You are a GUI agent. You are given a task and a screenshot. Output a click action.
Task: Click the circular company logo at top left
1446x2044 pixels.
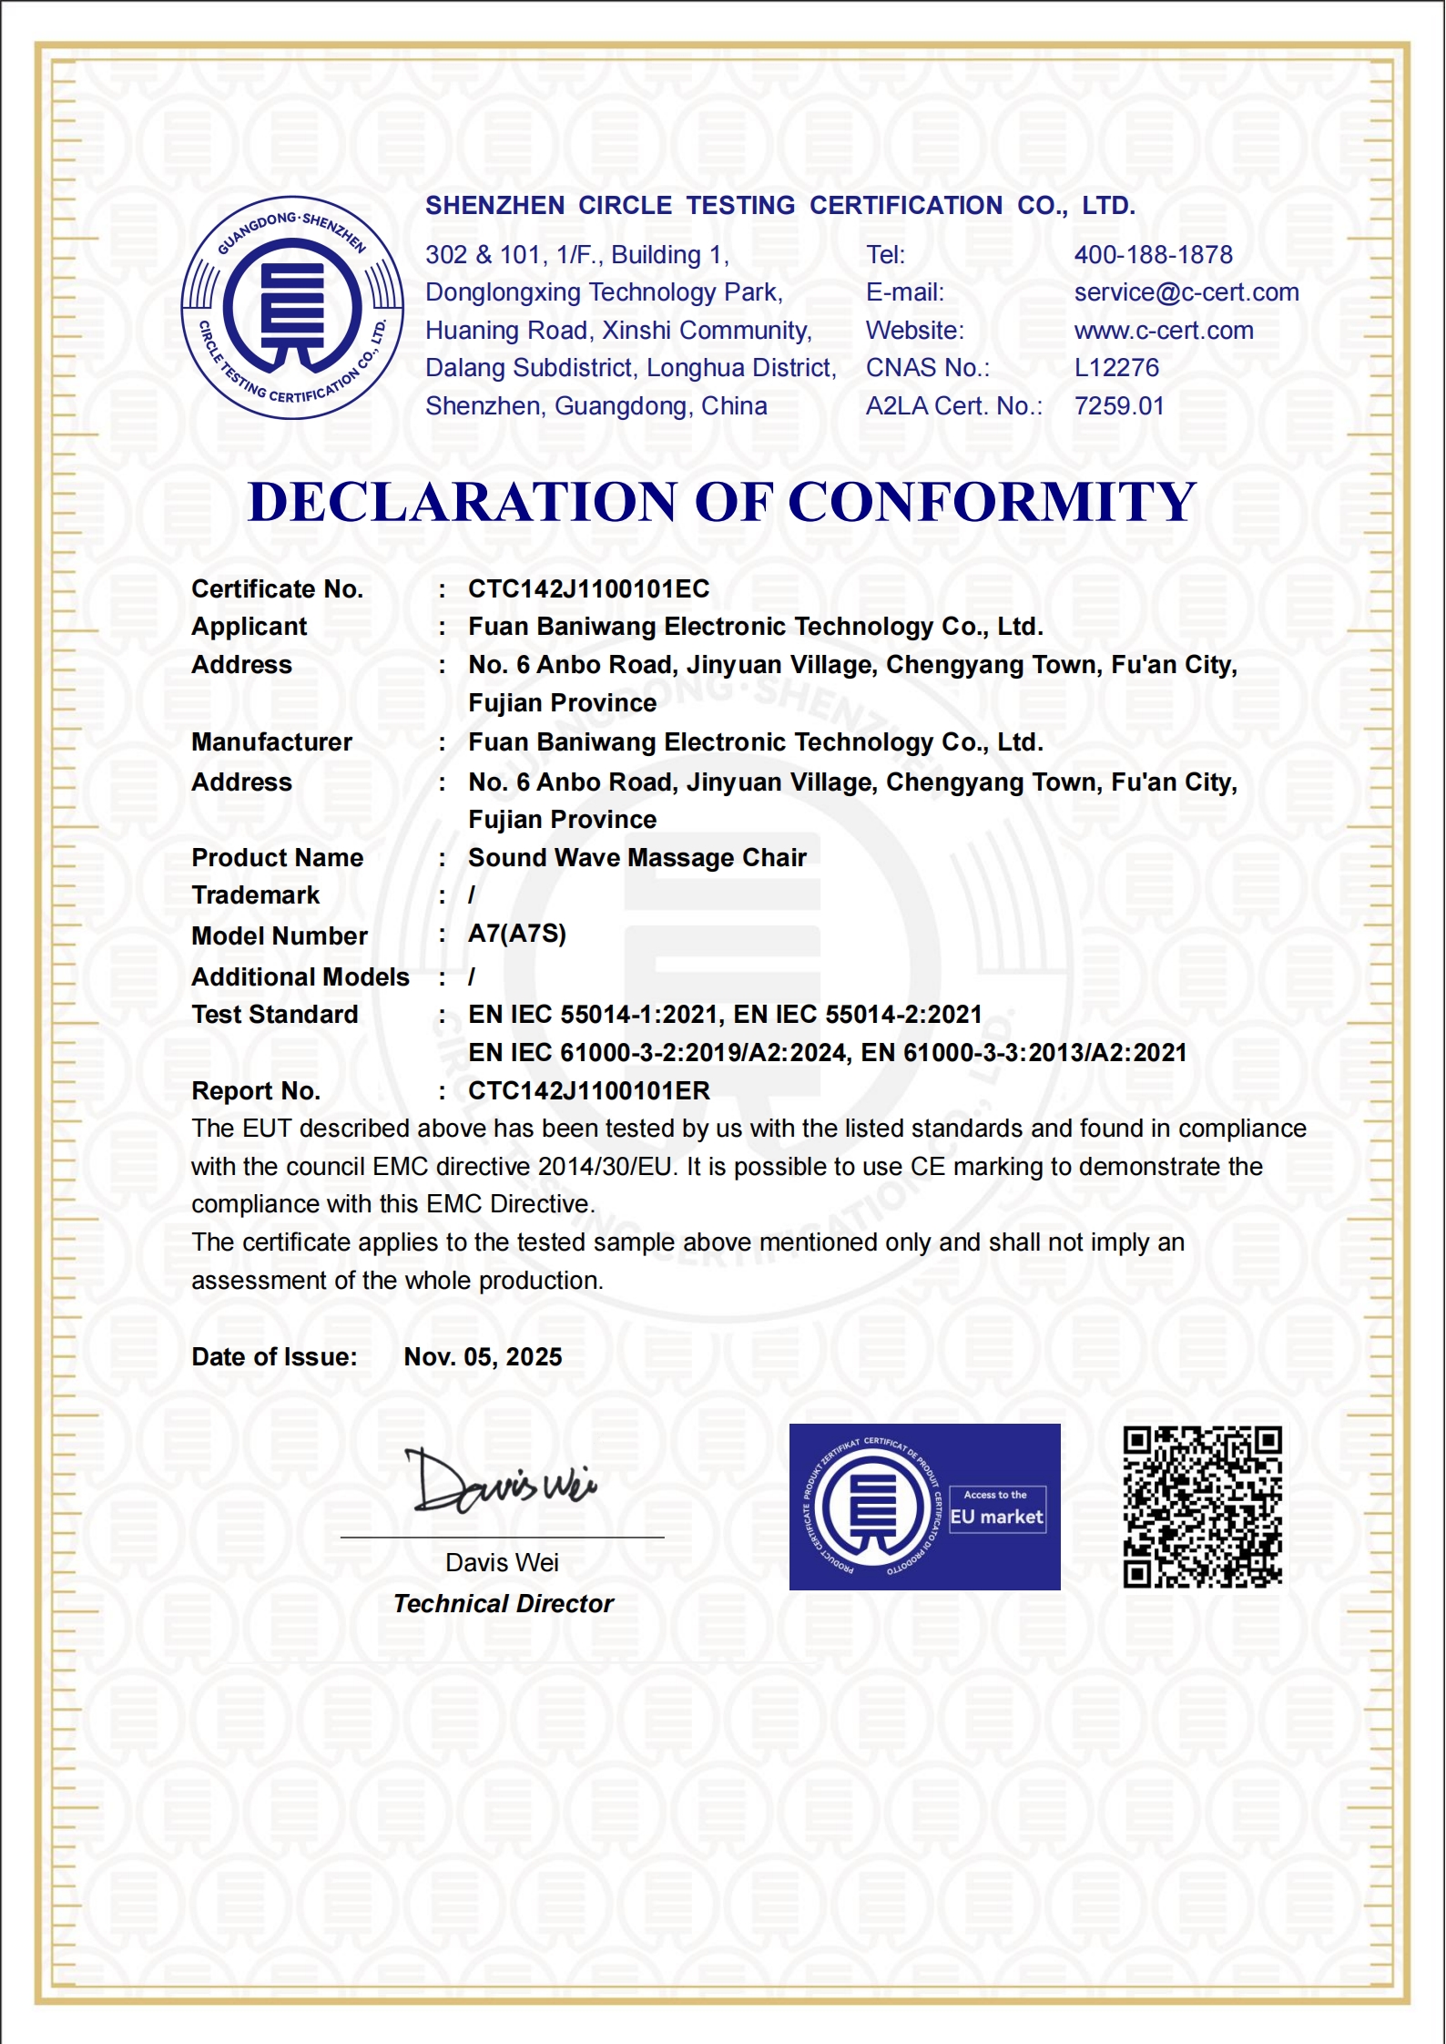292,308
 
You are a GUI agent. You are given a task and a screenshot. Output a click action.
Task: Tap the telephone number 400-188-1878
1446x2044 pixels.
1153,255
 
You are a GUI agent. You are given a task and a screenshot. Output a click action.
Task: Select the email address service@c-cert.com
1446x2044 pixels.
1186,292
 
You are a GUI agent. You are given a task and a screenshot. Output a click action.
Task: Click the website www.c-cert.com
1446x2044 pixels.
1163,331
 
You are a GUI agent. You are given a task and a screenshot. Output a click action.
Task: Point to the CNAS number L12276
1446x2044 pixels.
1116,368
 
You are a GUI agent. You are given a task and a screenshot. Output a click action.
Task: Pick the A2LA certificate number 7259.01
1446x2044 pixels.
1119,406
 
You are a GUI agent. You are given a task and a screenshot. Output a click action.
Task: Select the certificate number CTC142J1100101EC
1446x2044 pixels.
588,589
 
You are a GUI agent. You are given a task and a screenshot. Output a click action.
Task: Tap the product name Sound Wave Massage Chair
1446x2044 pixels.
637,858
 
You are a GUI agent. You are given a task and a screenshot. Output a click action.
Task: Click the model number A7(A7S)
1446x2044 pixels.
517,934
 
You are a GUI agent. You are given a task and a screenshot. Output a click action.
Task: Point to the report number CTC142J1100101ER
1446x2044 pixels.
588,1091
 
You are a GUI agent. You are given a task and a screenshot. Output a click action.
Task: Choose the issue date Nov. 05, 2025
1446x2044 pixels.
483,1357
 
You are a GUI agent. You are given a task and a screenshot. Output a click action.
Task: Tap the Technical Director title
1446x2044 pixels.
504,1604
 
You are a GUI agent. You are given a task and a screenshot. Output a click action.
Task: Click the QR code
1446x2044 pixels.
1202,1507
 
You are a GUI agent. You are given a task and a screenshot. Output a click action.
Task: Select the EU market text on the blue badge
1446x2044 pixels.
996,1518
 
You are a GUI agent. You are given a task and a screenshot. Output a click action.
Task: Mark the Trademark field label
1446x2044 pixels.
255,895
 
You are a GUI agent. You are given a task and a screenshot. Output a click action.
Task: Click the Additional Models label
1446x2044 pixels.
300,977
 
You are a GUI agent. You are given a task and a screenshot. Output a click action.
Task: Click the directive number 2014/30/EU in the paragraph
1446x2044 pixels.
605,1167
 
